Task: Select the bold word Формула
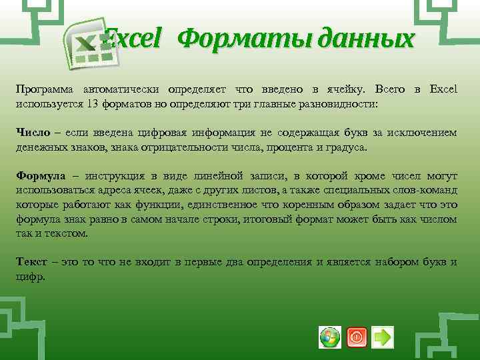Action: [x=41, y=176]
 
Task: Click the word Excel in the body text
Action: [x=443, y=89]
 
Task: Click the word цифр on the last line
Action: [x=30, y=276]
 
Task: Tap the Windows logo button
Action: [x=330, y=337]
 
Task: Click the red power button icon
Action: [x=357, y=337]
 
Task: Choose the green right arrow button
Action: [x=383, y=337]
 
